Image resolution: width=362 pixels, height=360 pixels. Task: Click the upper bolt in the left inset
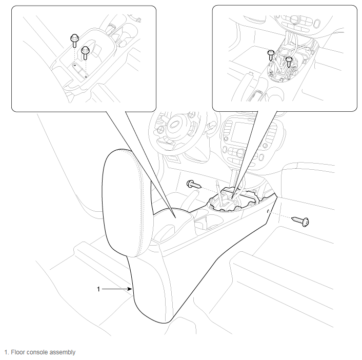tap(74, 41)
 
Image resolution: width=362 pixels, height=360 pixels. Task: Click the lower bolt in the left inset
tap(85, 53)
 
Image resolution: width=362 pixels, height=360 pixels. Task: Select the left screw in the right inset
tap(271, 55)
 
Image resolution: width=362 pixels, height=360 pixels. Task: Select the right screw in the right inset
tap(289, 62)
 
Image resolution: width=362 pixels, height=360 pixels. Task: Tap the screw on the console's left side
tap(194, 184)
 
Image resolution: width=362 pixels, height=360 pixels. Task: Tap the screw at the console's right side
tap(300, 221)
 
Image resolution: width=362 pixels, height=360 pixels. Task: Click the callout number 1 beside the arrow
tap(98, 289)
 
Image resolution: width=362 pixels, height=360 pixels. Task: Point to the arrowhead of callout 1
tap(130, 289)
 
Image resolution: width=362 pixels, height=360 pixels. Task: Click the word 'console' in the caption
tap(36, 352)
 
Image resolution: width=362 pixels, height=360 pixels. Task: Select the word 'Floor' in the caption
tap(18, 352)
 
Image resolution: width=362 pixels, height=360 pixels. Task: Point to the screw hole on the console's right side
tap(268, 211)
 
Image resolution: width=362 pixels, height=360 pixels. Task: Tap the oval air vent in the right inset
tap(317, 24)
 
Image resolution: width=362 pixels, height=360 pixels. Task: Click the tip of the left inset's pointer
tap(175, 218)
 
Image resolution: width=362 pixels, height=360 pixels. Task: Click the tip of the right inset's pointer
tap(232, 199)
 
